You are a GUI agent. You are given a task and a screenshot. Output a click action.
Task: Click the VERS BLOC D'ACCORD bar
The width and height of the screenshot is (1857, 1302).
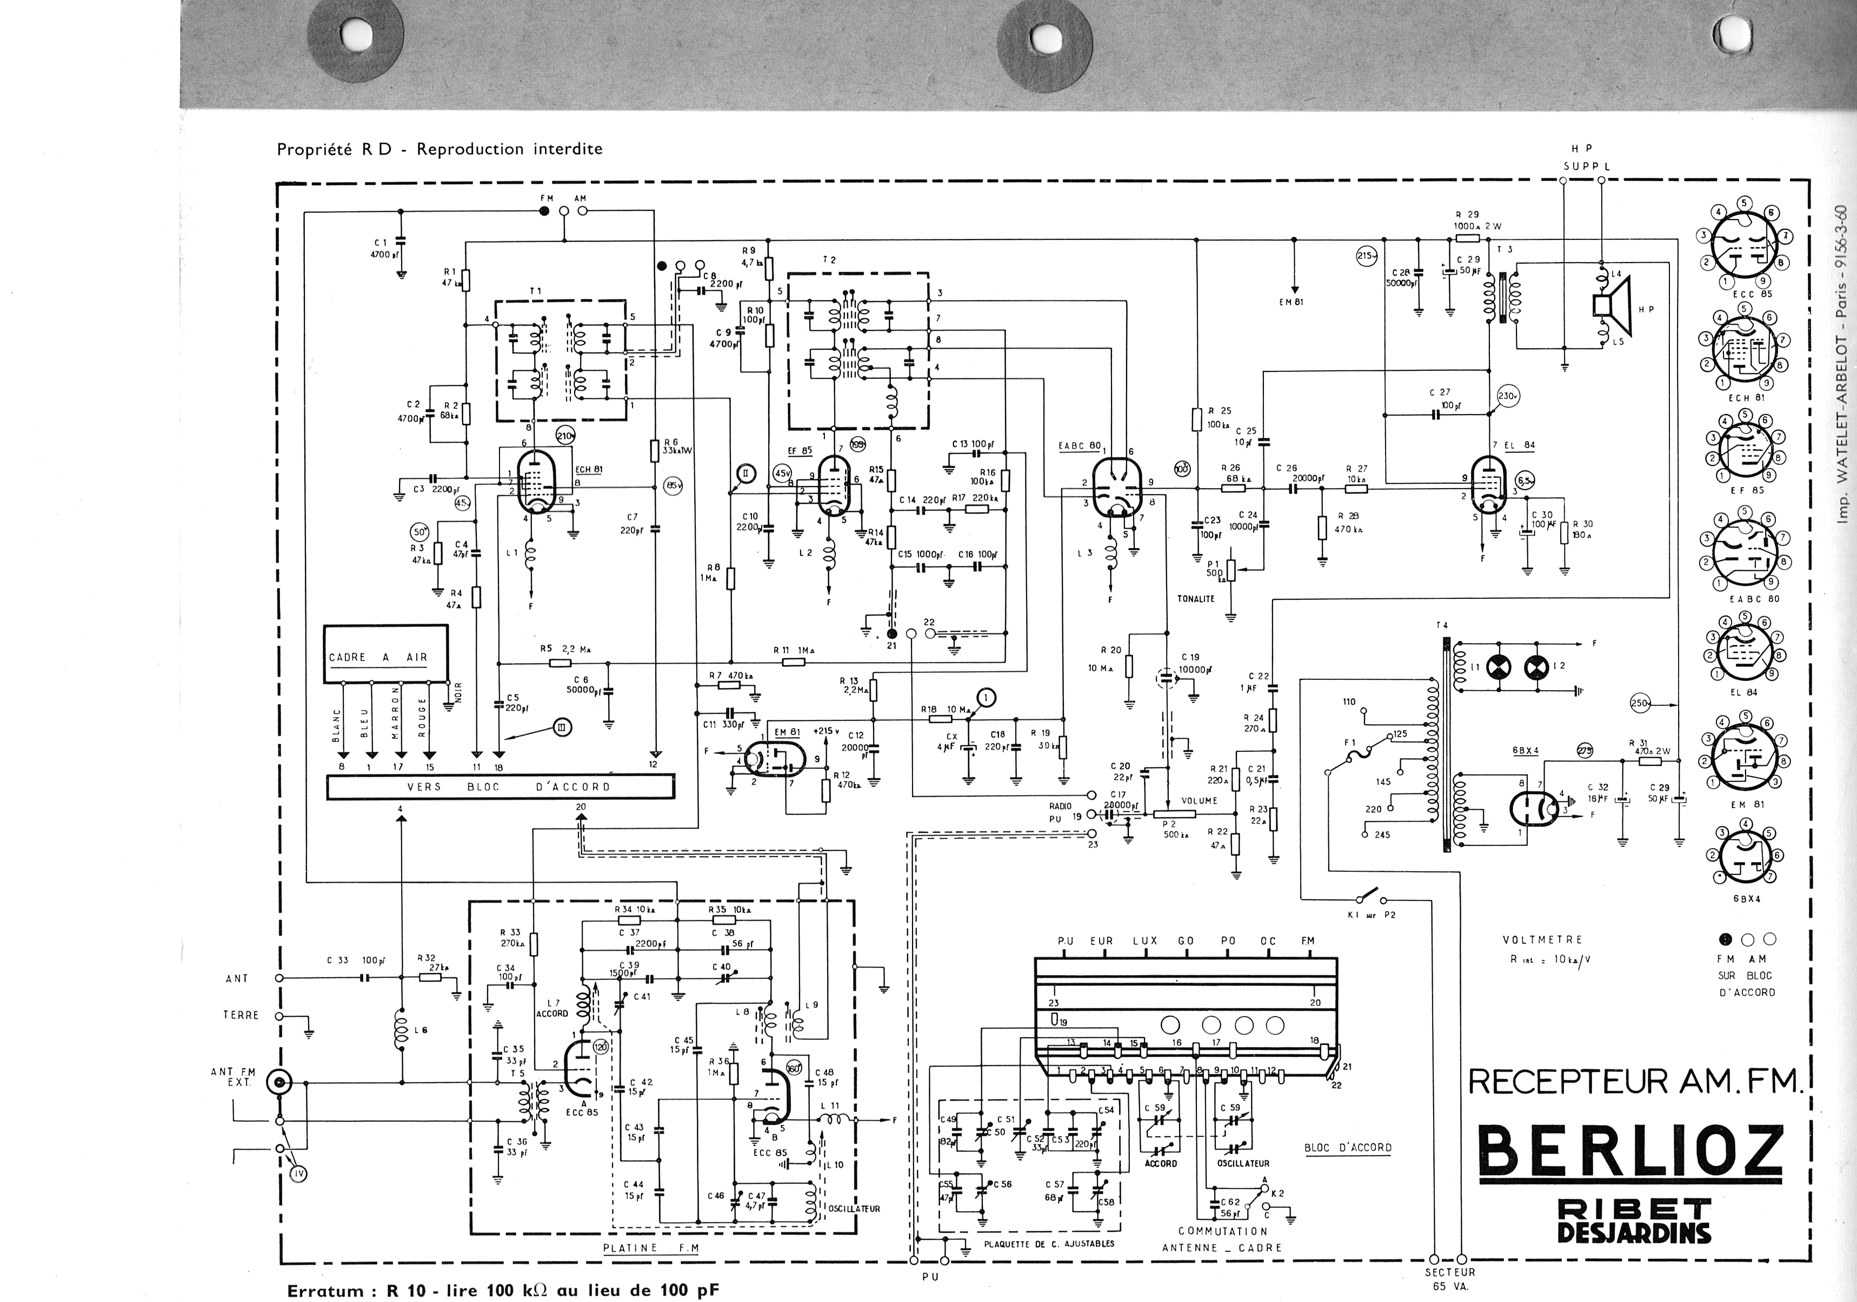500,786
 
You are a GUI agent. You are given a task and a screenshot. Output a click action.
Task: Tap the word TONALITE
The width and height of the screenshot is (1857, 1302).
1196,598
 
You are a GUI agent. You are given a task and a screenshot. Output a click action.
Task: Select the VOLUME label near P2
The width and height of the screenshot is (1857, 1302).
1199,800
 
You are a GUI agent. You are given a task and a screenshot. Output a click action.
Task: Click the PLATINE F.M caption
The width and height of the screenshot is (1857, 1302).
651,1248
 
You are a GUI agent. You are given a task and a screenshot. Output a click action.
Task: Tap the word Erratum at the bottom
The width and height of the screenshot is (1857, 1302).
325,1291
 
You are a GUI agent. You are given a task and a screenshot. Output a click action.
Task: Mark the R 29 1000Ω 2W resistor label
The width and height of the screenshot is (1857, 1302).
1477,220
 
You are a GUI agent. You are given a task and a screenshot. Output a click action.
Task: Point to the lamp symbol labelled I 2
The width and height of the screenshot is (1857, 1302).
1534,667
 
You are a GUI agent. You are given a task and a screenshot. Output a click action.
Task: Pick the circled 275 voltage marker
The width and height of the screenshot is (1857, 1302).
1585,751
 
